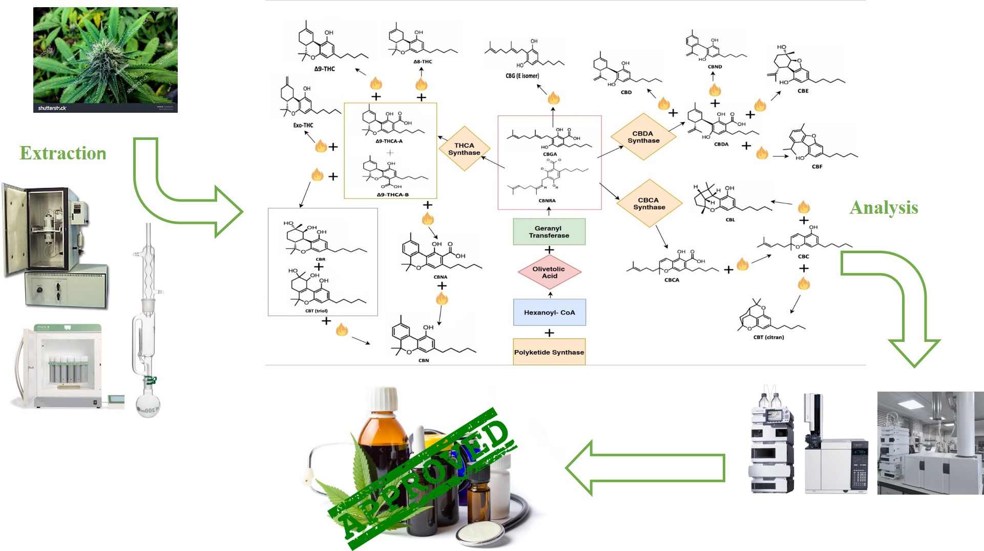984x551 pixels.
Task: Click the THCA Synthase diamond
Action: pyautogui.click(x=464, y=149)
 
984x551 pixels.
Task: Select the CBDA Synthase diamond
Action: pyautogui.click(x=643, y=137)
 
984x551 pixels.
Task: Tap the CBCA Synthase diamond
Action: pyautogui.click(x=649, y=203)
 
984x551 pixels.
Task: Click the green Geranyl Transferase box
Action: pyautogui.click(x=549, y=232)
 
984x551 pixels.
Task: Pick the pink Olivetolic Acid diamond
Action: pyautogui.click(x=549, y=272)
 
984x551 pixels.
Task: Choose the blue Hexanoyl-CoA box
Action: pyautogui.click(x=549, y=312)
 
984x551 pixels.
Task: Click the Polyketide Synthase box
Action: pyautogui.click(x=549, y=352)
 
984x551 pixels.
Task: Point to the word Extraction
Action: pyautogui.click(x=63, y=153)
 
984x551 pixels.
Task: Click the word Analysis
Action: pyautogui.click(x=884, y=208)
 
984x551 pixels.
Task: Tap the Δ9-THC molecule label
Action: pyautogui.click(x=324, y=69)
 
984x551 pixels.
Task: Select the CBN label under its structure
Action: pyautogui.click(x=424, y=360)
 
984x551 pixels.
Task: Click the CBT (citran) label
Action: pyautogui.click(x=768, y=337)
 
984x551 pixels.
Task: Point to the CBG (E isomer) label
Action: pyautogui.click(x=522, y=76)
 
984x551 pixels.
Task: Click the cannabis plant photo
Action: pyautogui.click(x=106, y=59)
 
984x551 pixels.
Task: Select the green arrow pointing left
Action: pyautogui.click(x=645, y=467)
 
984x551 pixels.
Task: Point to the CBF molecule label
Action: pyautogui.click(x=817, y=167)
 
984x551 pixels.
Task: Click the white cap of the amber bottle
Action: pyautogui.click(x=384, y=400)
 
